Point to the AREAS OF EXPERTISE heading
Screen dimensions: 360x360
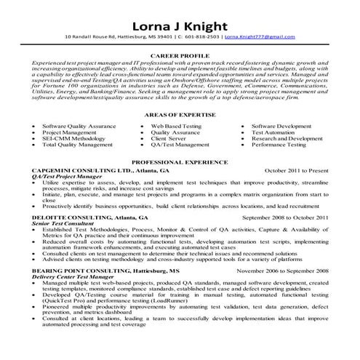(180, 117)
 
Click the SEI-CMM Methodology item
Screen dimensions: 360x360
(73, 140)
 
